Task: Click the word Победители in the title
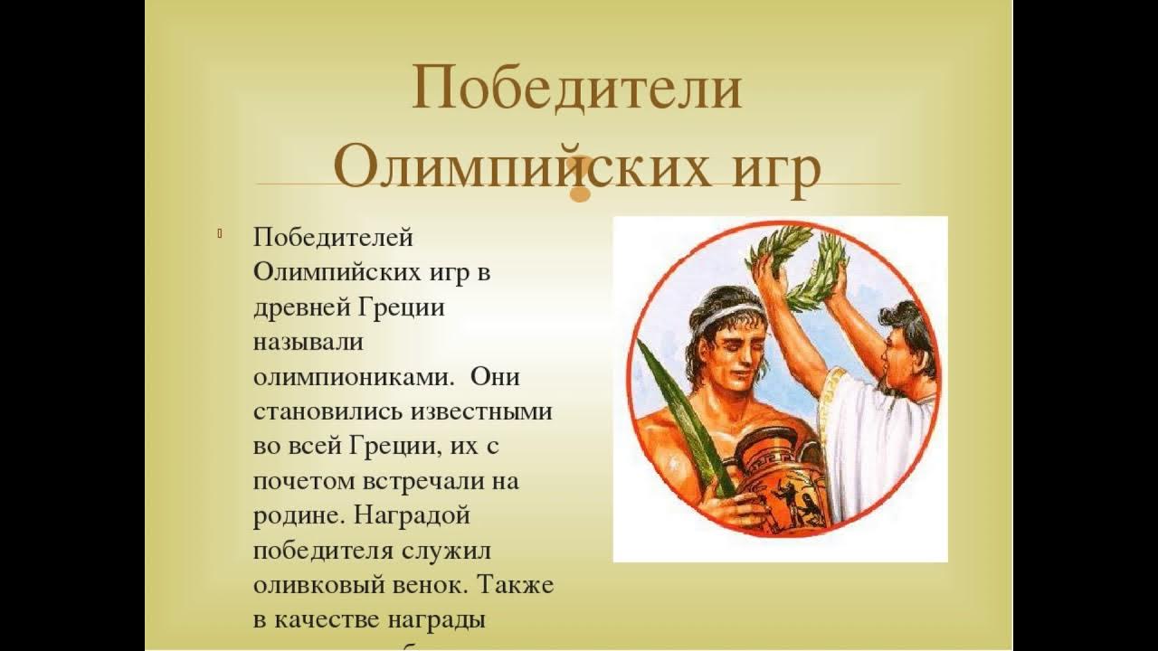pos(577,89)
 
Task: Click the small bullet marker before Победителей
pos(220,236)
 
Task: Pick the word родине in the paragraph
pos(296,515)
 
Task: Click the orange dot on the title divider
pos(579,193)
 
